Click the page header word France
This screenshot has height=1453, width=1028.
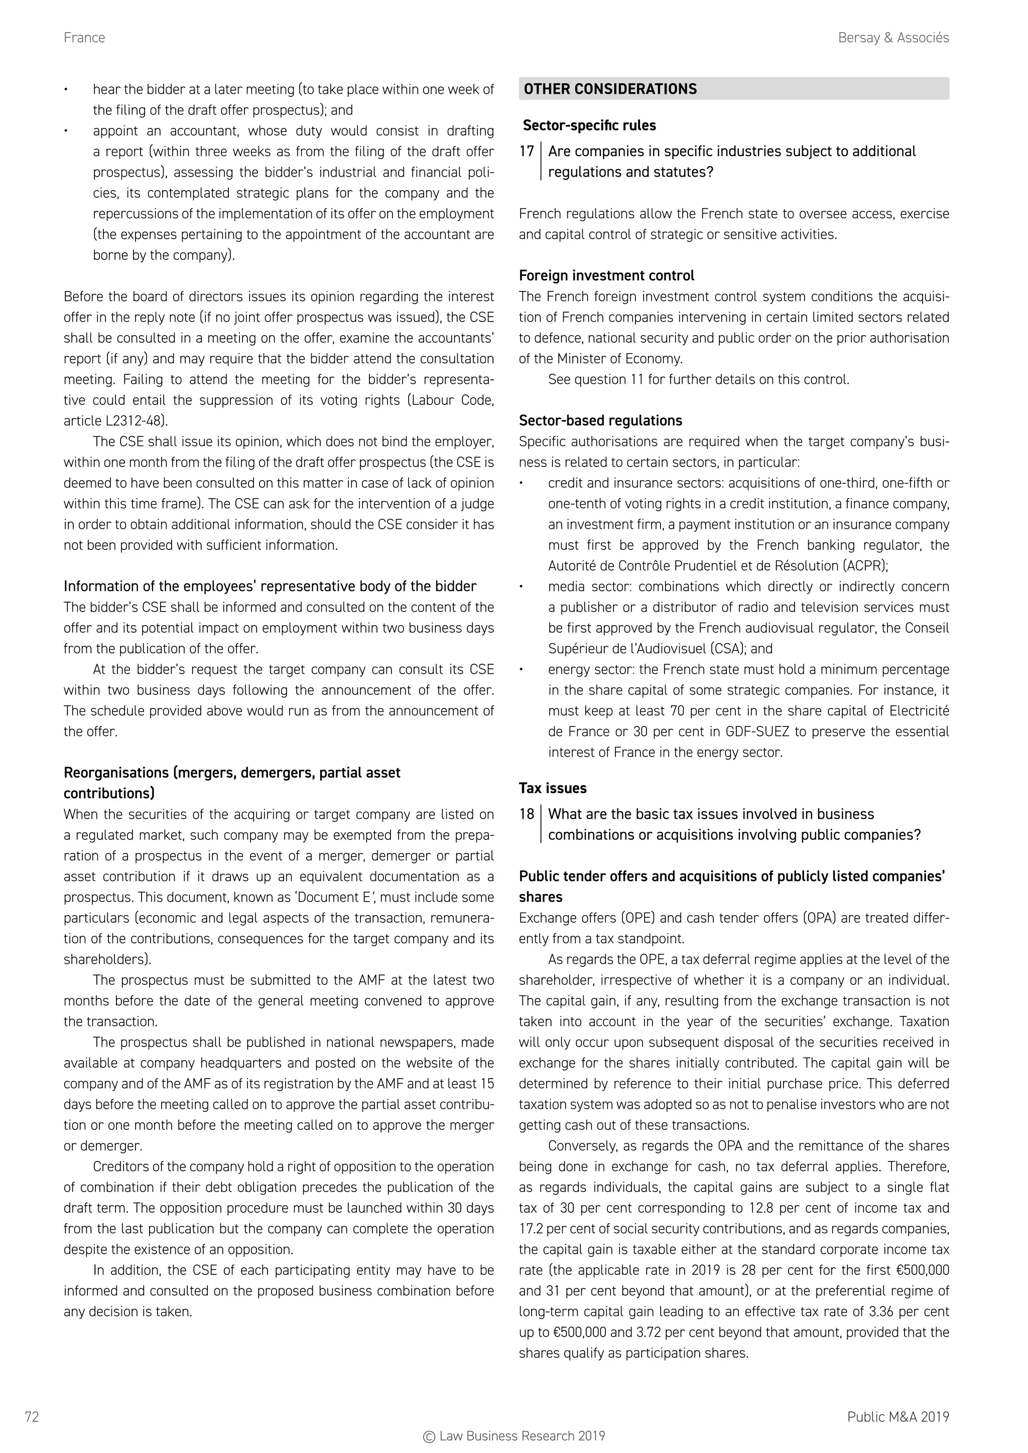tap(84, 38)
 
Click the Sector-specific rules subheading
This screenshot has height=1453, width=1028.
tap(589, 125)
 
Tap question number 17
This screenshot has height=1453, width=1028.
tap(526, 152)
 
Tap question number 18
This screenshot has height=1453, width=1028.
tap(526, 814)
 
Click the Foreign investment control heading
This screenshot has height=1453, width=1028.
tap(606, 276)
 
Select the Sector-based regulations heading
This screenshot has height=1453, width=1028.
tap(600, 421)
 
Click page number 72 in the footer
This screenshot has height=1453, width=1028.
tap(32, 1417)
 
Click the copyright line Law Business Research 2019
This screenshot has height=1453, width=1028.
tap(513, 1436)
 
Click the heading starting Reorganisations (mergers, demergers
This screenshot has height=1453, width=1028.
tap(232, 783)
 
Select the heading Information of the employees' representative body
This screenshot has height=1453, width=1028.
tap(270, 587)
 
